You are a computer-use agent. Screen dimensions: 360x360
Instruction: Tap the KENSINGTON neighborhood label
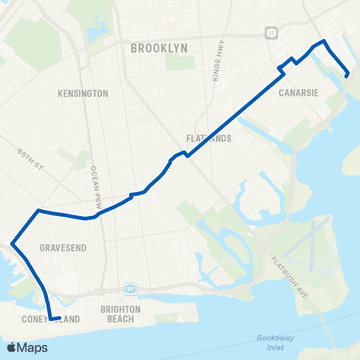(83, 94)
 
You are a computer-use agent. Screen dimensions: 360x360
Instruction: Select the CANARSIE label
(299, 94)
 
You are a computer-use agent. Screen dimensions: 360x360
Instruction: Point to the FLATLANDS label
(208, 139)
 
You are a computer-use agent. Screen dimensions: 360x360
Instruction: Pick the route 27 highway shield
(270, 33)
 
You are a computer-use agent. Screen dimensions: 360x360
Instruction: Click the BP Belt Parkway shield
(130, 289)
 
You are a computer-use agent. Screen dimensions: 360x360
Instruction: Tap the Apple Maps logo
(27, 347)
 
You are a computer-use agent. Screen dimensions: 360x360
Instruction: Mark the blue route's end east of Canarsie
(347, 74)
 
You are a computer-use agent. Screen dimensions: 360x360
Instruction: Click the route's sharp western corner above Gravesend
(11, 242)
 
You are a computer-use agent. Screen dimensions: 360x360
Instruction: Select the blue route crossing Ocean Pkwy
(93, 217)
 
